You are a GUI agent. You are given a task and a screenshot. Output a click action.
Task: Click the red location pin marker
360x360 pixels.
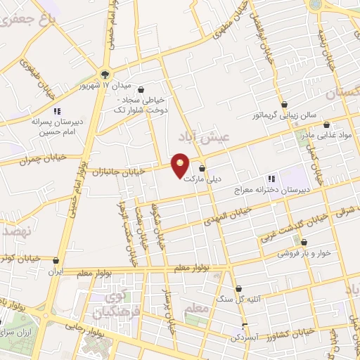181,165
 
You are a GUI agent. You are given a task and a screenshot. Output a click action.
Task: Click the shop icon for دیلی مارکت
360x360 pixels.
202,169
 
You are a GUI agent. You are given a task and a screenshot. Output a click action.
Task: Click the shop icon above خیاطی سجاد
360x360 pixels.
143,90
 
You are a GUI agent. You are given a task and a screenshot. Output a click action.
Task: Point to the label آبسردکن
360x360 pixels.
243,337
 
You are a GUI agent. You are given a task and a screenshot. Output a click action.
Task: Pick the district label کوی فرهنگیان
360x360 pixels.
115,302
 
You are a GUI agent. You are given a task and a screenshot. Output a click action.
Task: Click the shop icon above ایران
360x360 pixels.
55,259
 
